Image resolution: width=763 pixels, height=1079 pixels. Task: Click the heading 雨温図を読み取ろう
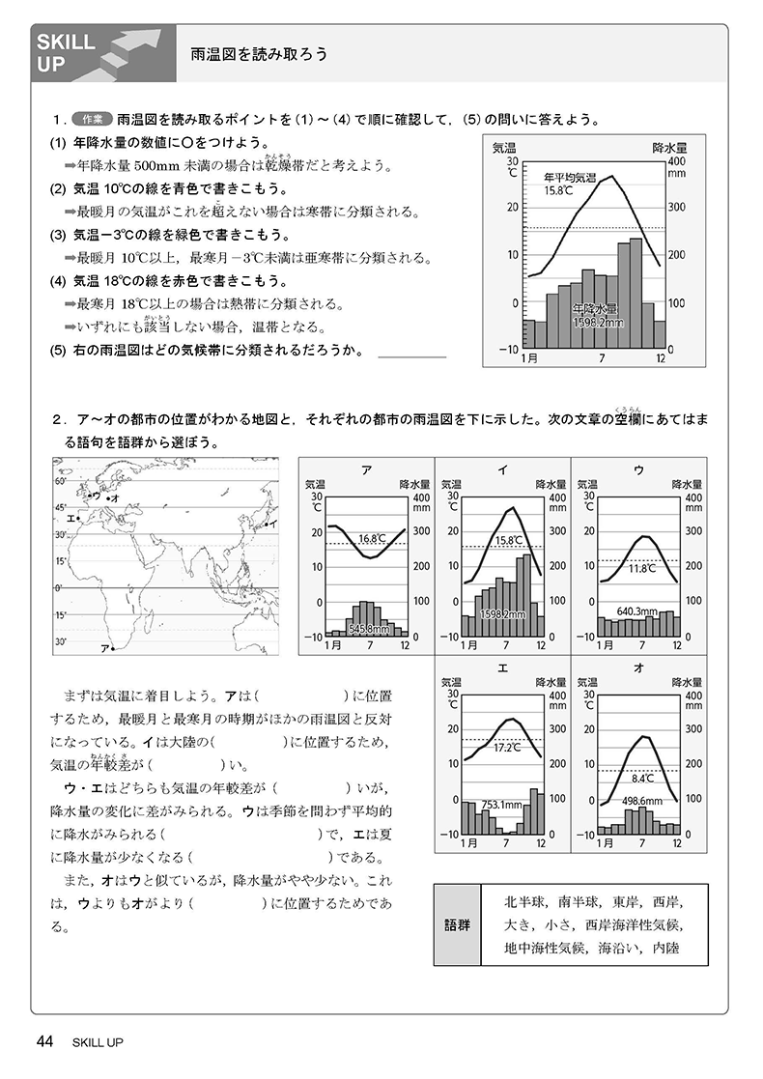pyautogui.click(x=258, y=54)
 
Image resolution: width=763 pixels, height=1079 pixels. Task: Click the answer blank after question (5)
pyautogui.click(x=412, y=354)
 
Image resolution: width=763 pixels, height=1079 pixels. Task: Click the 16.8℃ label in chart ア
pyautogui.click(x=373, y=538)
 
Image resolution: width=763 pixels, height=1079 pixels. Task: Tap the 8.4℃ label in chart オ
pyautogui.click(x=643, y=777)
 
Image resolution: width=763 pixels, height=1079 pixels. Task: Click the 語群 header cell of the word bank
pyautogui.click(x=459, y=924)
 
